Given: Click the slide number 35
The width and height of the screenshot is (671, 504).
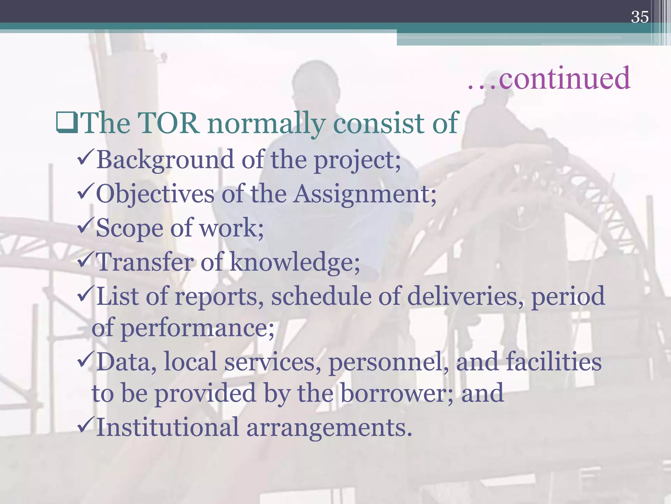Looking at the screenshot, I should [640, 17].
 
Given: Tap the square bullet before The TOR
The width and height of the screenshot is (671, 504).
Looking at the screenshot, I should [67, 123].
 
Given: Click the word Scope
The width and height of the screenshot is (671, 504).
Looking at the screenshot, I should [129, 228].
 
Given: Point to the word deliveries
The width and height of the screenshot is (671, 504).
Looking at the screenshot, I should [462, 296].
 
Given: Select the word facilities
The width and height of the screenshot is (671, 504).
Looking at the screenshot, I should [554, 362].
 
